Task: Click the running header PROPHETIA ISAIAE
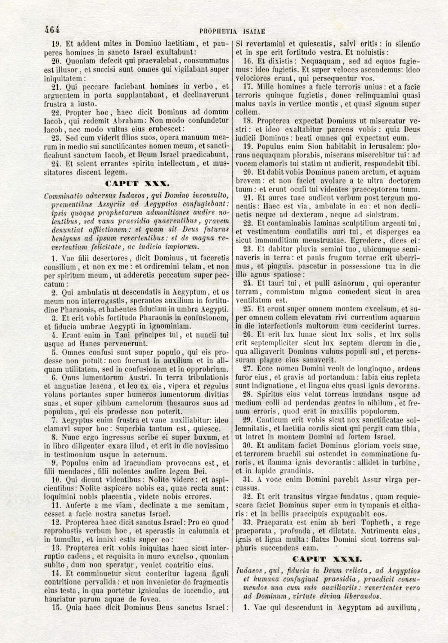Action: pos(232,31)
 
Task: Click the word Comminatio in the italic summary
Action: pos(64,196)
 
